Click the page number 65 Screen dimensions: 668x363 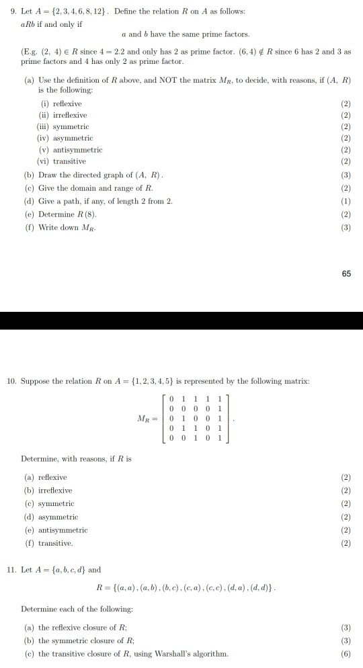point(346,274)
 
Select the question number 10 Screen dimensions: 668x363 point(10,381)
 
